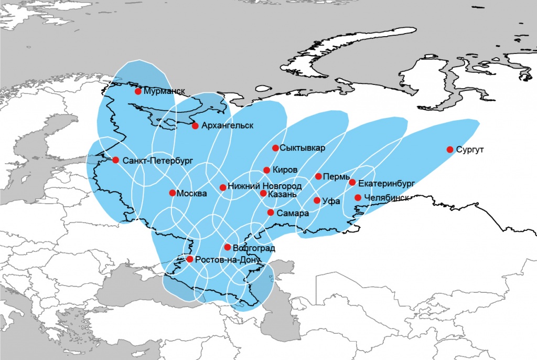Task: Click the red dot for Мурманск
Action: pyautogui.click(x=138, y=91)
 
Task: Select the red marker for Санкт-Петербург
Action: pyautogui.click(x=116, y=160)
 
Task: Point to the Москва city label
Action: pyautogui.click(x=192, y=194)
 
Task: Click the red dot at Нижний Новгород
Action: pyautogui.click(x=223, y=187)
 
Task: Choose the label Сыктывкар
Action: pyautogui.click(x=303, y=148)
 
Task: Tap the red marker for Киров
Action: pyautogui.click(x=267, y=170)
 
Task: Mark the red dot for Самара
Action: pyautogui.click(x=271, y=213)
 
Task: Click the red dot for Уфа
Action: pyautogui.click(x=317, y=200)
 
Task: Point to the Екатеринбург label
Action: pyautogui.click(x=386, y=183)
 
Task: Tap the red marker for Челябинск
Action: pyautogui.click(x=358, y=198)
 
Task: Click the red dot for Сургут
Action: pyautogui.click(x=450, y=150)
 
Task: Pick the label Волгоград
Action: pyautogui.click(x=254, y=248)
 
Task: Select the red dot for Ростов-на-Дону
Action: pyautogui.click(x=190, y=259)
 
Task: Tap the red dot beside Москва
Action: pyautogui.click(x=173, y=193)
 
